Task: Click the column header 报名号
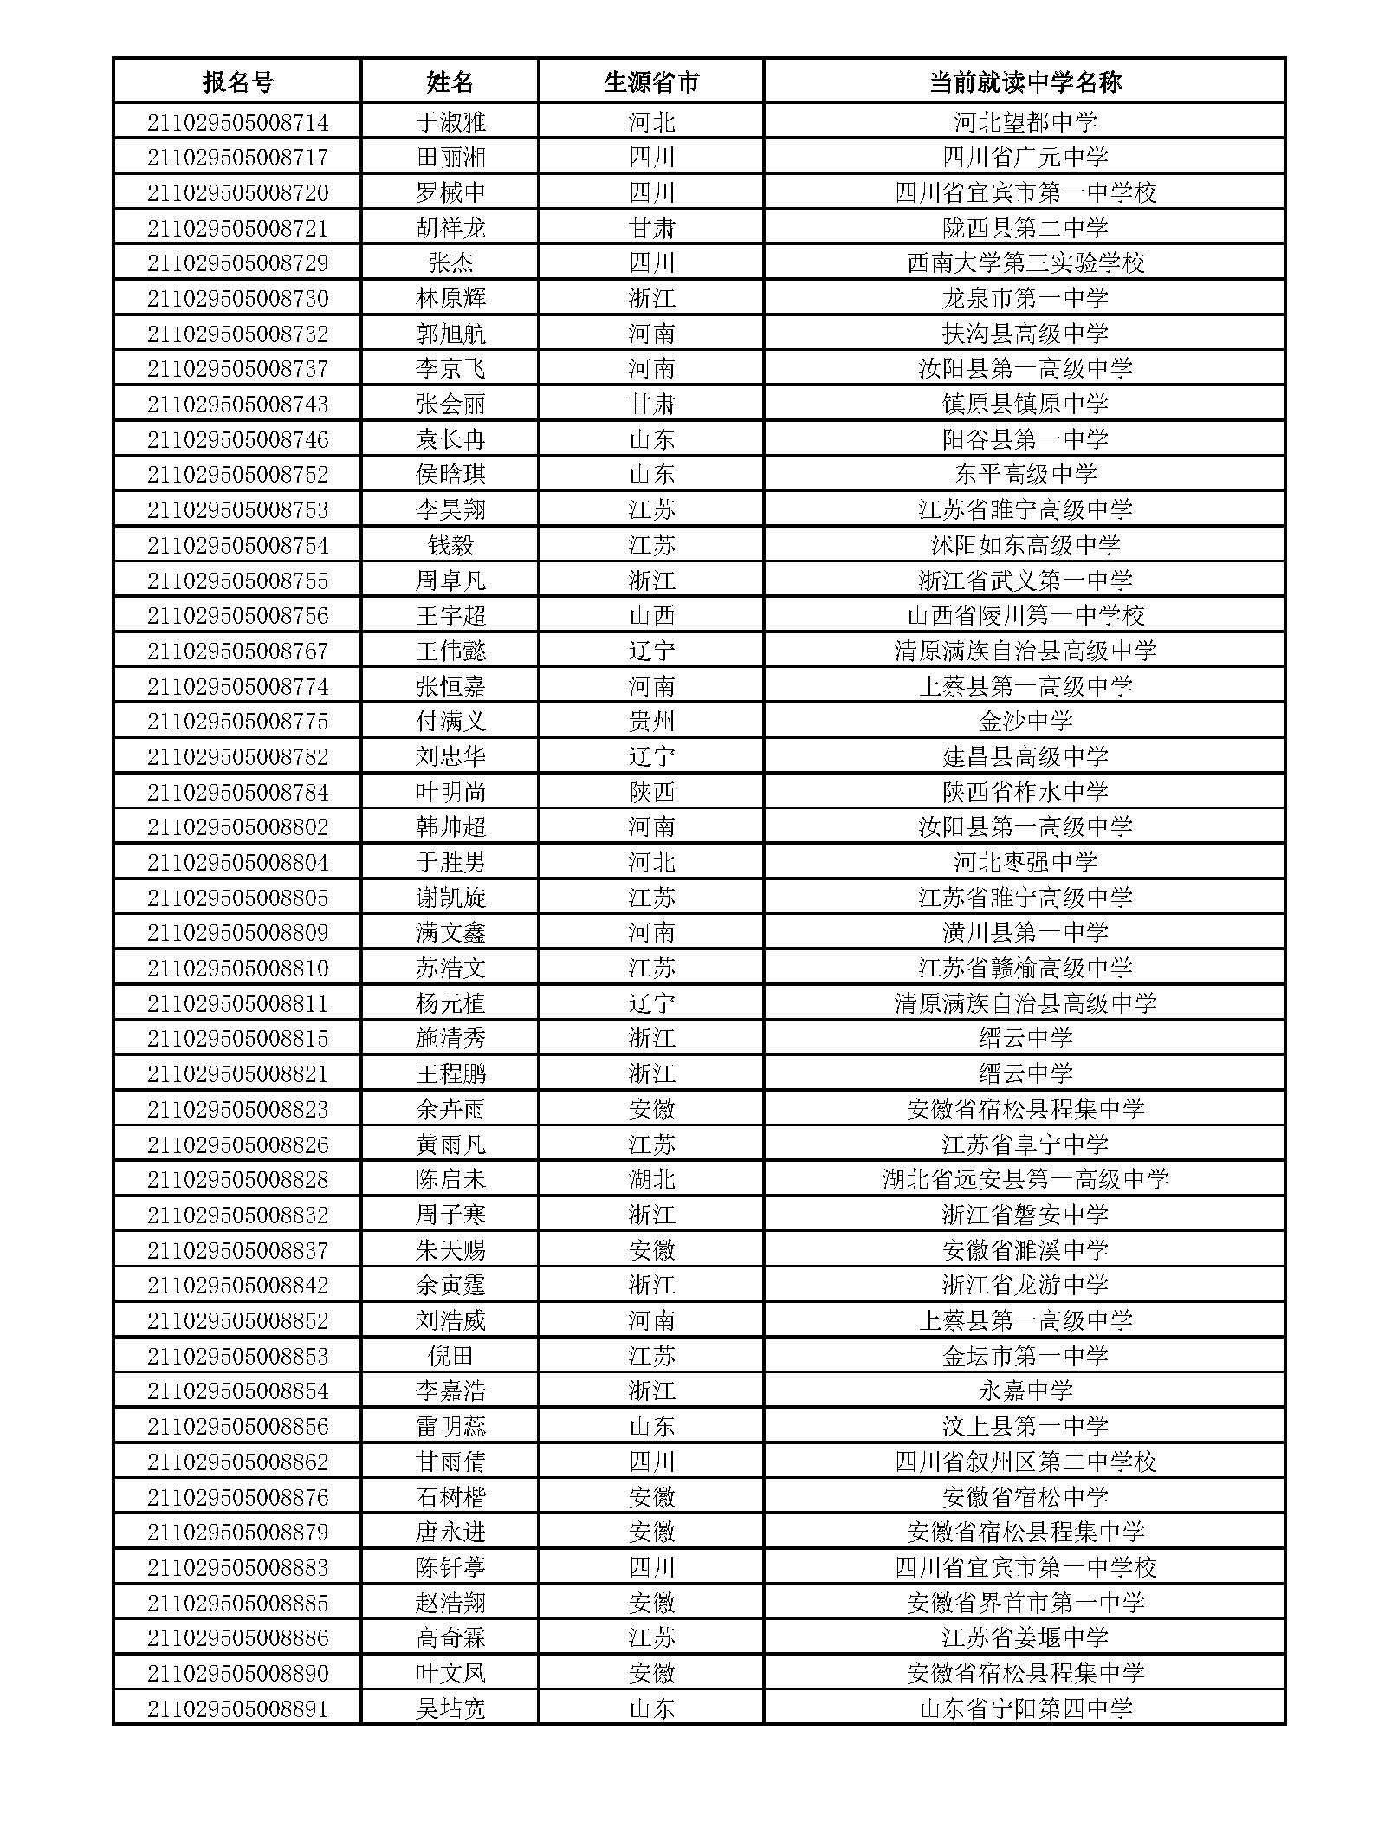click(237, 82)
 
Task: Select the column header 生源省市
click(650, 82)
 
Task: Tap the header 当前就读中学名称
click(1025, 82)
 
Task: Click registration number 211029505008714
click(237, 122)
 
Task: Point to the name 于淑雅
click(450, 122)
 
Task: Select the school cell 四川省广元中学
click(1025, 158)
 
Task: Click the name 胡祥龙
click(450, 228)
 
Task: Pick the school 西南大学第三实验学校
click(1025, 263)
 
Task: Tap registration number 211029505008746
click(237, 440)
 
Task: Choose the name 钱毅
click(450, 546)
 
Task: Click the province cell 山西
click(650, 616)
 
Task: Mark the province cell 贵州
click(650, 722)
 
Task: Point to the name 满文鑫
click(450, 933)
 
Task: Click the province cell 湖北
click(650, 1180)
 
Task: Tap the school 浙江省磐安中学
click(1025, 1215)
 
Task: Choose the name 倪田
click(450, 1357)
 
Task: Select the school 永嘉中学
click(1025, 1391)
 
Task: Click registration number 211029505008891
click(237, 1709)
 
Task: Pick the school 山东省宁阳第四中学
click(1025, 1709)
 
